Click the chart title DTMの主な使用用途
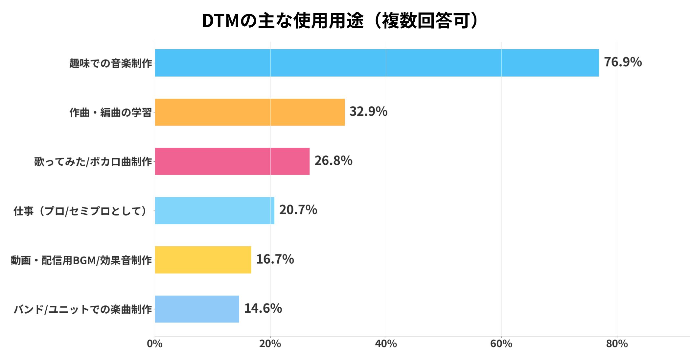coord(341,21)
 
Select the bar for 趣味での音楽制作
coord(377,63)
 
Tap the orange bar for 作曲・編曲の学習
coord(250,112)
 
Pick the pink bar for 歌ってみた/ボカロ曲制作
coord(232,161)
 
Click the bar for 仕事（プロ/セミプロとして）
coord(215,211)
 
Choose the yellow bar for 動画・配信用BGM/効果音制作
coord(203,260)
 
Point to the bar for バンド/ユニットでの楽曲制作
coord(197,309)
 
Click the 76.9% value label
coord(623,62)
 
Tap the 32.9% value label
coord(368,111)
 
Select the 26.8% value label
coord(333,161)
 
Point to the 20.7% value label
coord(298,210)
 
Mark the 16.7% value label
coord(275,259)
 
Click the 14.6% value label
coord(263,308)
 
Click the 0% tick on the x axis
coord(155,344)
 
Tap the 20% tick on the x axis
coord(270,344)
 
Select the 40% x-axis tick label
coord(386,344)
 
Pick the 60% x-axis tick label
coord(501,344)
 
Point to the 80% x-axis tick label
coord(617,344)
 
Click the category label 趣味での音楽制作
coord(110,63)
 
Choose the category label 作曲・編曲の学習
coord(110,112)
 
